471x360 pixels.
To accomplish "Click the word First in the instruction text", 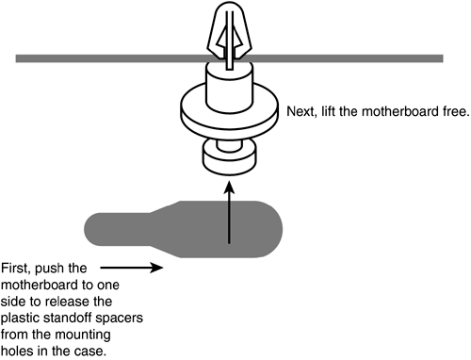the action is click(15, 269).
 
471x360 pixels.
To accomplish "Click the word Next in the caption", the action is click(300, 111).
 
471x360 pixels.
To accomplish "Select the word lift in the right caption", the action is click(328, 111).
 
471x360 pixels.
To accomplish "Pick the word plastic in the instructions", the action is click(21, 319).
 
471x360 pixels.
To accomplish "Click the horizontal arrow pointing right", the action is click(132, 268).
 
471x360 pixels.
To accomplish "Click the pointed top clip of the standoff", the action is click(229, 30).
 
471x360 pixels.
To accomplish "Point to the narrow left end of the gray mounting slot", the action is click(94, 229).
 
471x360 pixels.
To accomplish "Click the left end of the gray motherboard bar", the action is click(17, 58).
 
